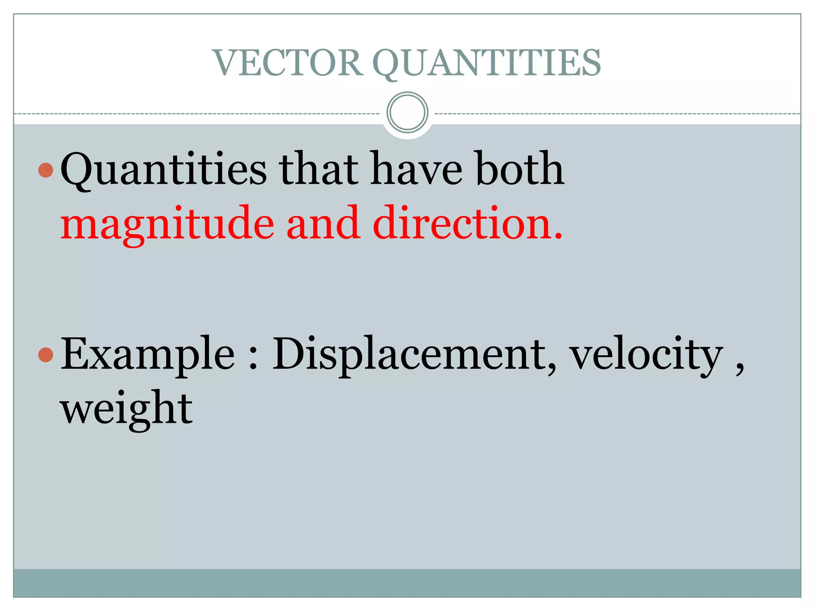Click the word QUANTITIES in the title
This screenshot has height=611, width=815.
(486, 63)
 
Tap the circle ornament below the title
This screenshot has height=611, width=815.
(407, 113)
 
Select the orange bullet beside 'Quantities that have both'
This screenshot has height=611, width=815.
(46, 170)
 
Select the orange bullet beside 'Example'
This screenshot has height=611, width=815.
(46, 354)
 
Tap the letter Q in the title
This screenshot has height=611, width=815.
(388, 64)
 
